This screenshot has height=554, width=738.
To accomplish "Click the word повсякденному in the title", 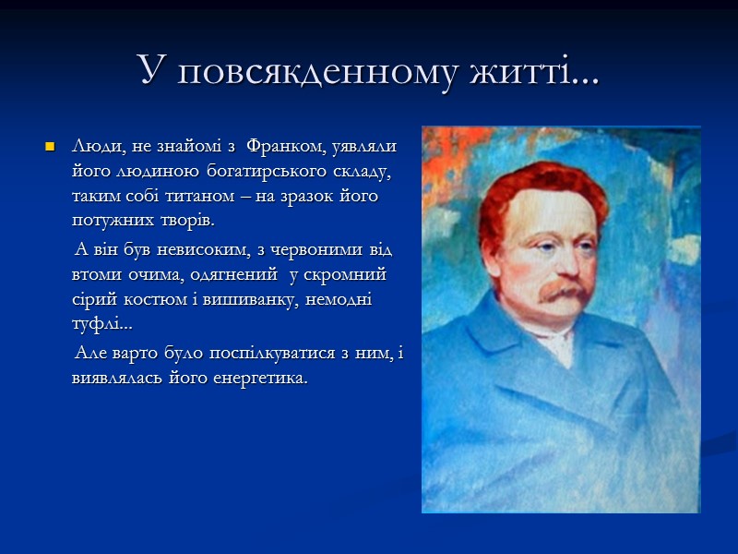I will pos(312,71).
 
